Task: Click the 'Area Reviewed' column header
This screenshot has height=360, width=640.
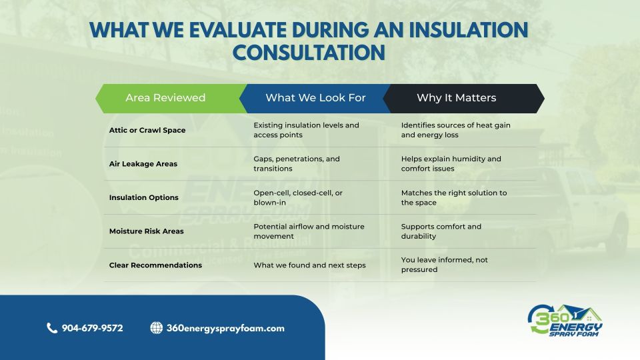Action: [x=165, y=98]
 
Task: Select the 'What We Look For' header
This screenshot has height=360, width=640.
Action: [x=315, y=98]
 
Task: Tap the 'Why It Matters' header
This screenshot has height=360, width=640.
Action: [x=456, y=98]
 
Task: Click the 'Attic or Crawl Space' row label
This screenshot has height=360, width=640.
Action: [x=147, y=130]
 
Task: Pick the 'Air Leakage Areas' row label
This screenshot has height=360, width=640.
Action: [x=143, y=164]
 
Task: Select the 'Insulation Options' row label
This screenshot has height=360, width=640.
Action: [x=144, y=197]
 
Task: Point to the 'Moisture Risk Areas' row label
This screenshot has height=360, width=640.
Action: [x=147, y=231]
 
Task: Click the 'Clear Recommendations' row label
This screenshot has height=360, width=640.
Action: [x=155, y=265]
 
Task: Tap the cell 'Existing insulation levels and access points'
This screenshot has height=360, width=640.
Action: [x=306, y=130]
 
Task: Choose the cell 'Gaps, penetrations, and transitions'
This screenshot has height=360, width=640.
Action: [x=297, y=164]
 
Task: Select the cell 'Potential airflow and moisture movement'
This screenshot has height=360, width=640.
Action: [x=309, y=231]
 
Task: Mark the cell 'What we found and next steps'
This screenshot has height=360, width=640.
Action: [x=309, y=265]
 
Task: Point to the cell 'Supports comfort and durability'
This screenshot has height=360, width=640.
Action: [x=441, y=231]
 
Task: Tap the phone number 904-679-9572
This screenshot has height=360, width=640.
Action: [x=92, y=328]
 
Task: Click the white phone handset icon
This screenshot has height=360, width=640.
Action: [x=52, y=328]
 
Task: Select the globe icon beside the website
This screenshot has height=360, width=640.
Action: [x=157, y=328]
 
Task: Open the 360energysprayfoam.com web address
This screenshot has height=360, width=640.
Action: [x=225, y=328]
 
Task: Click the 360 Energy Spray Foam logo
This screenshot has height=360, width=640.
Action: [x=565, y=321]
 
